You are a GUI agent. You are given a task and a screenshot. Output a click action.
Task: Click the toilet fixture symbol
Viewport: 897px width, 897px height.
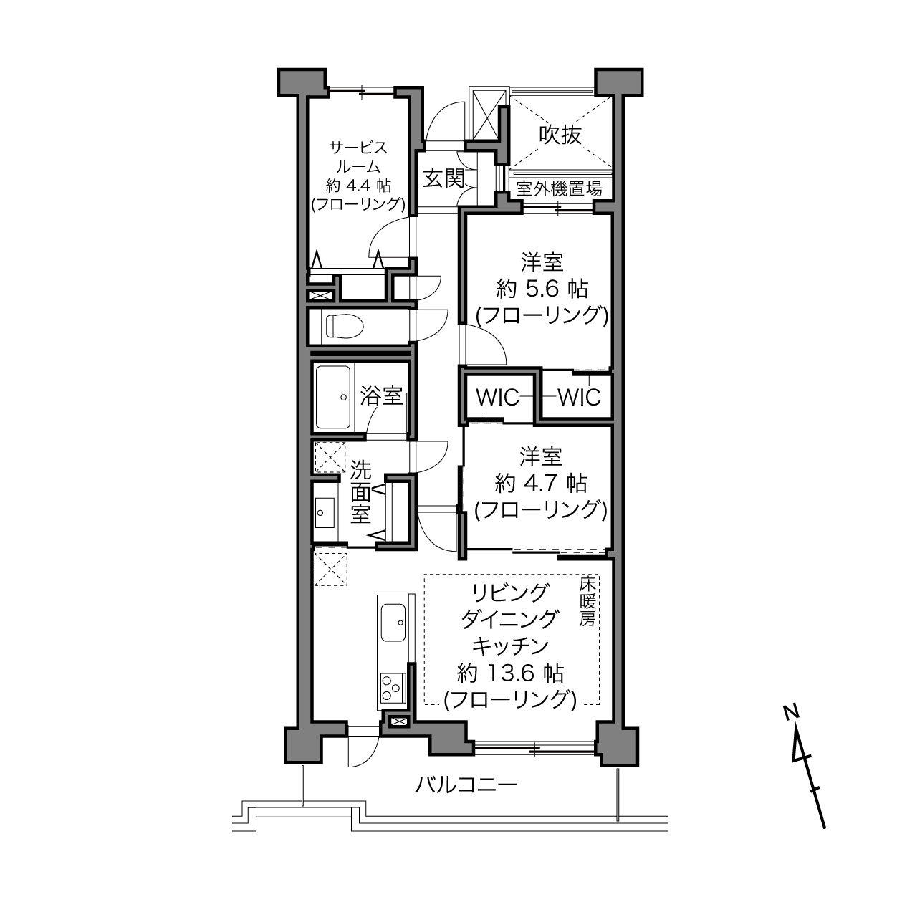coord(344,326)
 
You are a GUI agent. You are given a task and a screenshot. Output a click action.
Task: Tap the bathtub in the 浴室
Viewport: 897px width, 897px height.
coord(333,397)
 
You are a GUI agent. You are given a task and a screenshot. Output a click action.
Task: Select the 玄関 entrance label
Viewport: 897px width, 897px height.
coord(443,178)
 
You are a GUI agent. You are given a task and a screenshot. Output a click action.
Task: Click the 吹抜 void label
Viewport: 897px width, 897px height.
coord(560,135)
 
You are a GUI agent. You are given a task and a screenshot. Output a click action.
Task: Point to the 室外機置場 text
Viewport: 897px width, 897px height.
coord(559,189)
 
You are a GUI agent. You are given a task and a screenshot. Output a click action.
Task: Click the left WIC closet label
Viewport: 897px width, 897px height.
coord(497,398)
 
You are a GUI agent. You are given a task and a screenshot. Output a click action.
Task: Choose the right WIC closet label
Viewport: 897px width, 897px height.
coord(579,398)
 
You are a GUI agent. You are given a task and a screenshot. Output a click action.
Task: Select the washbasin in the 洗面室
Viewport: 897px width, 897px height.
coord(325,512)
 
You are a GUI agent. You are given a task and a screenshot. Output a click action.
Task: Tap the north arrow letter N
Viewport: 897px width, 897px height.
coord(790,712)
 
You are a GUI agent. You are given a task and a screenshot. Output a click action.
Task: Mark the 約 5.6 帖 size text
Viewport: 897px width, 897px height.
coord(542,289)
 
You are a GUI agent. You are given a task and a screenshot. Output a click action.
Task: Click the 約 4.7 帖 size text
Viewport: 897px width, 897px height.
coord(541,484)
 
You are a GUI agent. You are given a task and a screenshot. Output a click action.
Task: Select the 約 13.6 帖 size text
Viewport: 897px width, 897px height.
coord(511,673)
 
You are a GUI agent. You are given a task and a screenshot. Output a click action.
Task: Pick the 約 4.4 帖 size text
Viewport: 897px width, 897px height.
coord(358,186)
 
